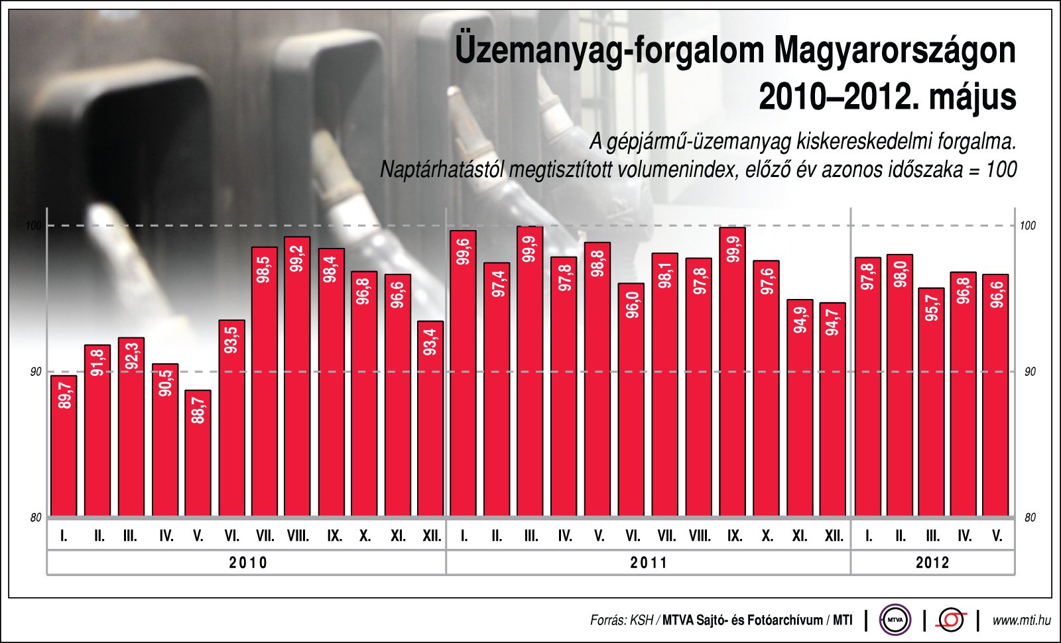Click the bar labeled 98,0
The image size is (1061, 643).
(900, 384)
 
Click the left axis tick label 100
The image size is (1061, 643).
(33, 226)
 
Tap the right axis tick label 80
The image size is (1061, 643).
(1029, 518)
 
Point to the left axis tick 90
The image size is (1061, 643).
(36, 372)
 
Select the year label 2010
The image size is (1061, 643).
(248, 563)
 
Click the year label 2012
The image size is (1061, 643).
(932, 563)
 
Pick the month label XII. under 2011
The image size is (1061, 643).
(834, 536)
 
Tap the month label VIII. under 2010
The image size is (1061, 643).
(298, 536)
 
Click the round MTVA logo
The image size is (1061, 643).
(895, 620)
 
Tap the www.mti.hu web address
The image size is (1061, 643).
(1021, 620)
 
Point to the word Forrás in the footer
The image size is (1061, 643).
(607, 620)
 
